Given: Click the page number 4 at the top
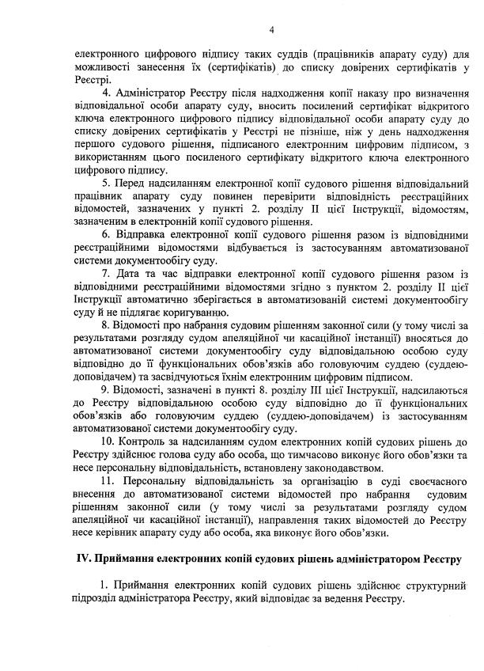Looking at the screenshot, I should click(x=271, y=31).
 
